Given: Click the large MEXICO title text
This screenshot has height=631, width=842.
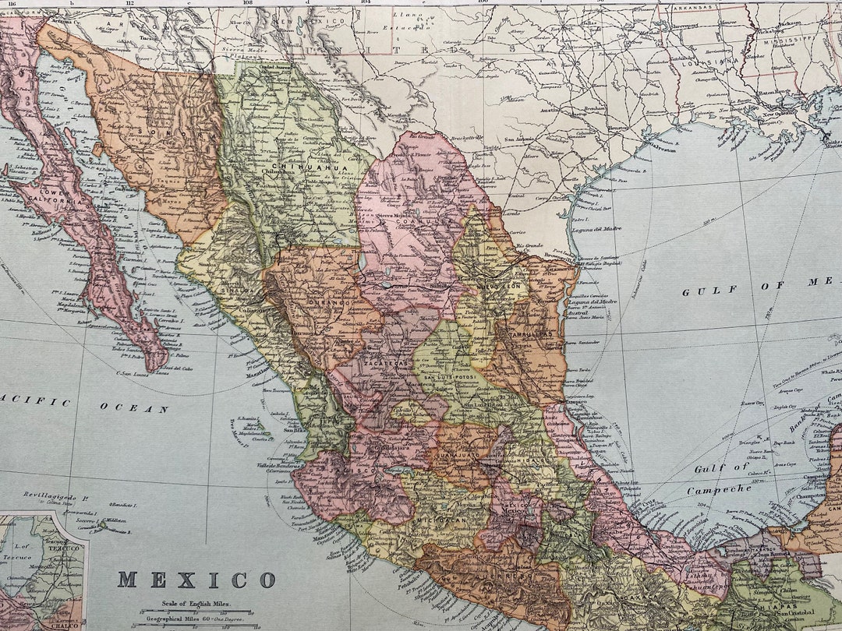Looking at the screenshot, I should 196,580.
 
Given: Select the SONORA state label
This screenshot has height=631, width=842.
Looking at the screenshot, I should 179,136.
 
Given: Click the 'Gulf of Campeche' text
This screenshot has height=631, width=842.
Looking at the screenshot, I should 718,478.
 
